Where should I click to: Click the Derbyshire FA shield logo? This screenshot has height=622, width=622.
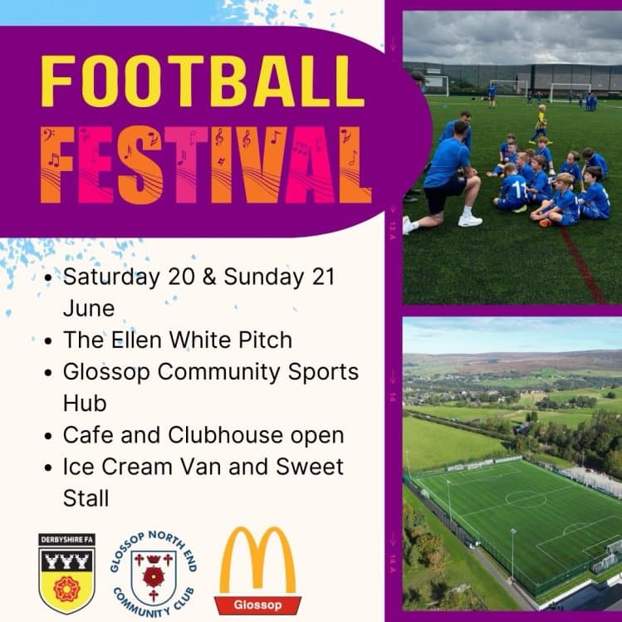(67, 572)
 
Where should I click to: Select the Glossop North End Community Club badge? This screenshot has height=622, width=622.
(153, 572)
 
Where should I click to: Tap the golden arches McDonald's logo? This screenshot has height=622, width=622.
(257, 560)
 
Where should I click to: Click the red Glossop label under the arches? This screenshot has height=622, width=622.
(257, 604)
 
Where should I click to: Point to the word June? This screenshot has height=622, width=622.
(89, 308)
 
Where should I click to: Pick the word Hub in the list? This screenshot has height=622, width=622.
(83, 403)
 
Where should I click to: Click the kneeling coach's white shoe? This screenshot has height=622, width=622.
(470, 219)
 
